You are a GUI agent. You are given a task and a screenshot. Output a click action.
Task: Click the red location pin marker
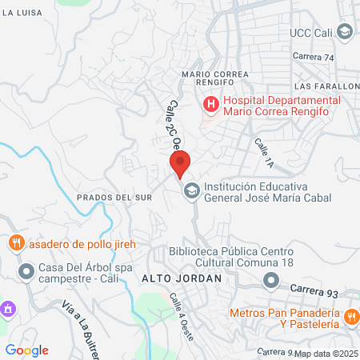[181, 164]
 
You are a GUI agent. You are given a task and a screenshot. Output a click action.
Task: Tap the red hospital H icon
[210, 103]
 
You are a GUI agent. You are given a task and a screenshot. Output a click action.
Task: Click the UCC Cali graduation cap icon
[345, 33]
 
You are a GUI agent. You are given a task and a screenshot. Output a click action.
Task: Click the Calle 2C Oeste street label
[164, 125]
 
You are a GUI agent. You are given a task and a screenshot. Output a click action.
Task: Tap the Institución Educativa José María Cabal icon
[191, 190]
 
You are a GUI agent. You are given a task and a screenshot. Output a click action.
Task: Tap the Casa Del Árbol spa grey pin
[26, 273]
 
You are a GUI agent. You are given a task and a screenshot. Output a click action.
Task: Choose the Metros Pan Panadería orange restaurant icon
[350, 318]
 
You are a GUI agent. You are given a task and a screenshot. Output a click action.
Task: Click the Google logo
[26, 350]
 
